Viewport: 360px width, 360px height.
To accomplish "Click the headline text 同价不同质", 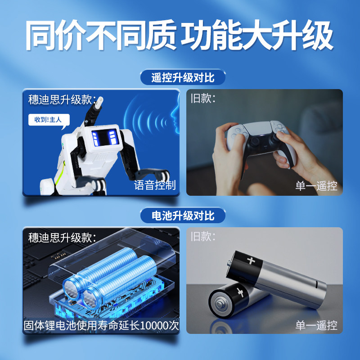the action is pyautogui.click(x=101, y=35).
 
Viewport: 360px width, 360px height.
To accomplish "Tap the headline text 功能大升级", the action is pyautogui.click(x=257, y=35).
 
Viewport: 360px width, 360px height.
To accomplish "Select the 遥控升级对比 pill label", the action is pyautogui.click(x=183, y=77).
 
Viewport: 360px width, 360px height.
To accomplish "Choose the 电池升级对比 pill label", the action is pyautogui.click(x=183, y=216).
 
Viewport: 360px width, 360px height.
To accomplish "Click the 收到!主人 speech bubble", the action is pyautogui.click(x=49, y=120).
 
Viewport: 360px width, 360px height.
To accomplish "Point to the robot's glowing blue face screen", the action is pyautogui.click(x=105, y=137).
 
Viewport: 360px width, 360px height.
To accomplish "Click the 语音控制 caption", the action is pyautogui.click(x=155, y=185).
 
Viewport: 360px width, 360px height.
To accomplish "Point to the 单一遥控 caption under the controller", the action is pyautogui.click(x=316, y=186).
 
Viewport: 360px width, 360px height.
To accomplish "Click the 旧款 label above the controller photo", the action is pyautogui.click(x=203, y=98).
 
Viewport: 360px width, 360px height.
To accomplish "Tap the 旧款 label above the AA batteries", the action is pyautogui.click(x=203, y=236).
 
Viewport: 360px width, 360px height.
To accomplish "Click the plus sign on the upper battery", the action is pyautogui.click(x=251, y=261).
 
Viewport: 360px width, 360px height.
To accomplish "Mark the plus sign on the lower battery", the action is pyautogui.click(x=240, y=292).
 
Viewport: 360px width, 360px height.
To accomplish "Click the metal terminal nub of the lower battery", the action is pyautogui.click(x=220, y=305).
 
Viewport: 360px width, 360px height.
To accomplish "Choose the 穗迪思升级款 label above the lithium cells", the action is pyautogui.click(x=62, y=238).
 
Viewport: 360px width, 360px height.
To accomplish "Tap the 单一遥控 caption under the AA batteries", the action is pyautogui.click(x=316, y=325).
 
